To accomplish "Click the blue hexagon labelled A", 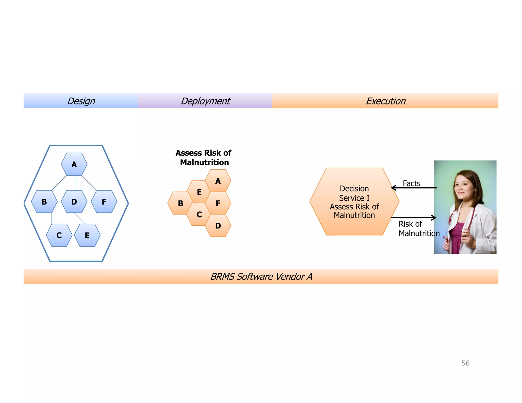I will coord(74,164).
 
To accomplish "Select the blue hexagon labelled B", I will coord(44,201).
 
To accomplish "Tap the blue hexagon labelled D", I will coord(74,201).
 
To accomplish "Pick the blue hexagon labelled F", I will coord(104,201).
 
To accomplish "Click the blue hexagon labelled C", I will coord(59,235).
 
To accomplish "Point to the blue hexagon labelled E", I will coord(87,235).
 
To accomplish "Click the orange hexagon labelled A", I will coord(218,181).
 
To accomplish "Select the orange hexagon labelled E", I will coord(199,192).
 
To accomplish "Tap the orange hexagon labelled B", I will coord(180,203).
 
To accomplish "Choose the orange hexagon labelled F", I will coord(218,203).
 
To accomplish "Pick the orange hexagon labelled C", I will coord(199,214).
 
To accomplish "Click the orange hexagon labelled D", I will coord(218,225).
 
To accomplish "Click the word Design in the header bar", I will coord(81,101).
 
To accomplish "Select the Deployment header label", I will coord(205,101).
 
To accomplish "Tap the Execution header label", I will coord(386,101).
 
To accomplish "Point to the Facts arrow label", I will coord(411,183).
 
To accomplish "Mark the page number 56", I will coord(465,363).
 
